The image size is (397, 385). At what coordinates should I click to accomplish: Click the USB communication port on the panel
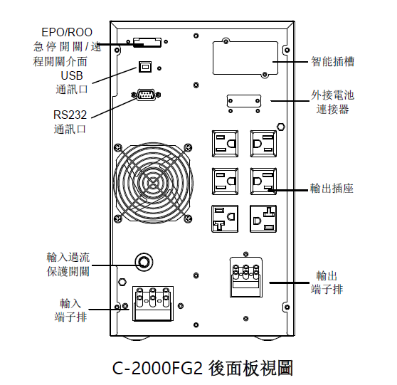tap(145, 67)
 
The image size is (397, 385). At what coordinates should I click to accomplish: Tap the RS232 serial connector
tap(146, 95)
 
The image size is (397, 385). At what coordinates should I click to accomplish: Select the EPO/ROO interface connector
tap(147, 42)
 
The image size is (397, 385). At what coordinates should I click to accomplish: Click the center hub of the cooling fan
tap(153, 182)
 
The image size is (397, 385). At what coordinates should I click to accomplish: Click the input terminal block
tap(153, 303)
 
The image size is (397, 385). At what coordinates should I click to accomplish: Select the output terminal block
tap(246, 277)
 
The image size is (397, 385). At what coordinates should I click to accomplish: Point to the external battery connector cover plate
tap(244, 101)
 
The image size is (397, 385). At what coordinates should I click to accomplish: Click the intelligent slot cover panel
tap(245, 58)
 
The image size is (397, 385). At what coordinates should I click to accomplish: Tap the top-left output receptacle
tap(225, 144)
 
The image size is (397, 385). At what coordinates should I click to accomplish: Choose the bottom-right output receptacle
tap(263, 219)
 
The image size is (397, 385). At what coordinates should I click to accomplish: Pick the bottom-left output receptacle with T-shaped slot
tap(225, 219)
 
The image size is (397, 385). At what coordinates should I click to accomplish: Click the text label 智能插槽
tap(332, 61)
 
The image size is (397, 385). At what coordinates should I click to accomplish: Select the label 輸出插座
tap(332, 189)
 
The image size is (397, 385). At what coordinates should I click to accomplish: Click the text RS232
tap(70, 115)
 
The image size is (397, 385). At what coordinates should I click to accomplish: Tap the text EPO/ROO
tap(67, 32)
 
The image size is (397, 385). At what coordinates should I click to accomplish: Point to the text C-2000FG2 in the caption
tap(157, 368)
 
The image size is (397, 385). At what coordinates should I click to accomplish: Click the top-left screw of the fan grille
tap(118, 147)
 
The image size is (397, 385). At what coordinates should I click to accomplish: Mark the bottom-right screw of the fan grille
tap(188, 218)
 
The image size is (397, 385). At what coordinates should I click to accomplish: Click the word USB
tap(72, 75)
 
